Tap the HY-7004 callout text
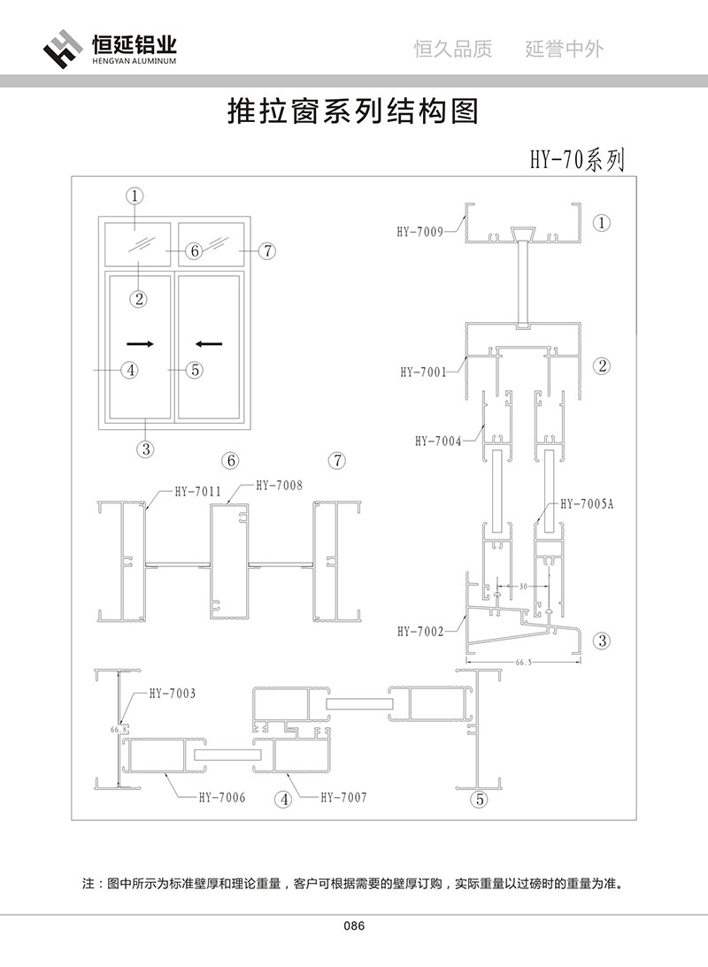click(x=437, y=441)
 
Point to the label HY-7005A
click(x=585, y=504)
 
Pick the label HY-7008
click(x=279, y=485)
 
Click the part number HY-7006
click(x=221, y=797)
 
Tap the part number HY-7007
click(x=342, y=797)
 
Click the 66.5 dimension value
click(x=524, y=659)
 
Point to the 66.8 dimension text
click(x=119, y=730)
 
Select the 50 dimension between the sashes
click(x=523, y=587)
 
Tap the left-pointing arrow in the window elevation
click(x=210, y=342)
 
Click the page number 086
click(x=354, y=926)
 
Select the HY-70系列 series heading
click(x=577, y=160)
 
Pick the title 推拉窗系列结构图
click(x=353, y=111)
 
